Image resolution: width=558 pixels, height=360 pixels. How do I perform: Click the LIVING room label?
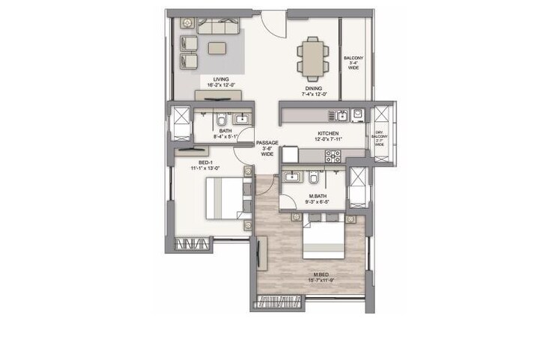[220, 79]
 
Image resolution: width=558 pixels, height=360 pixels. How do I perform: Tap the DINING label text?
[312, 88]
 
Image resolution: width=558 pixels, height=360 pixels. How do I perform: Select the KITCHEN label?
[327, 130]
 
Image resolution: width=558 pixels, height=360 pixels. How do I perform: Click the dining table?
[312, 57]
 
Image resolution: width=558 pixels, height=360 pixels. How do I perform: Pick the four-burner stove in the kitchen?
[332, 156]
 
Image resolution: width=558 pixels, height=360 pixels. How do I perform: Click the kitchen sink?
[342, 115]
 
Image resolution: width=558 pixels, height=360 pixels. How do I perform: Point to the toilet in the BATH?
[222, 121]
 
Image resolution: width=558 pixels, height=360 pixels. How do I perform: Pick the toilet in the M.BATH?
[313, 178]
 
